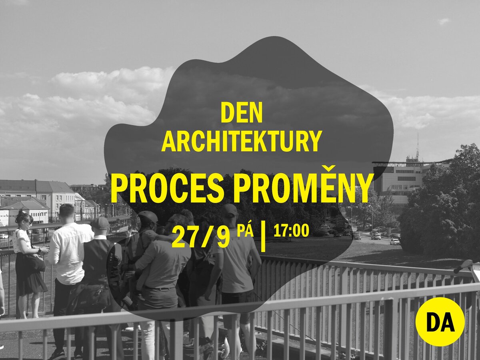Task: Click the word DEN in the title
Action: [242, 113]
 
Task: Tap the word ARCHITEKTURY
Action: [242, 141]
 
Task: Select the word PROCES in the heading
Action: [167, 188]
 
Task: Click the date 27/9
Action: [200, 237]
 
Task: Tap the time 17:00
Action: [291, 231]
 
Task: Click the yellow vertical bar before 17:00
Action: [263, 237]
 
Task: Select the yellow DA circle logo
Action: [440, 322]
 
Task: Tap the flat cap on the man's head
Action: [100, 223]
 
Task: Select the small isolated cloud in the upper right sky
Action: [444, 22]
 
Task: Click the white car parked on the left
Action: [4, 236]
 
